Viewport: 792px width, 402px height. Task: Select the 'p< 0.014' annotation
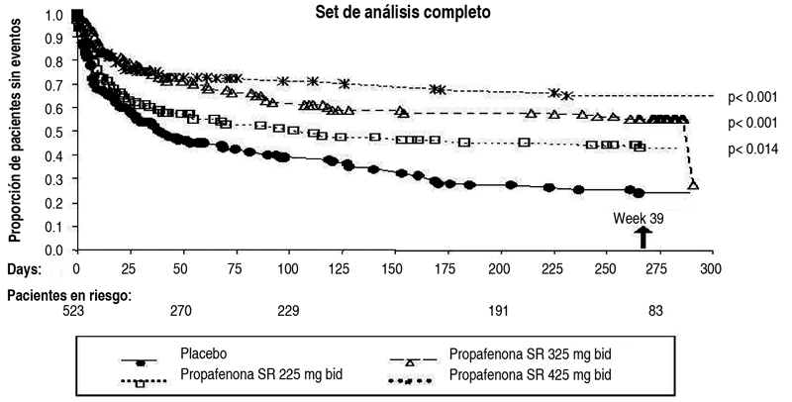coord(757,149)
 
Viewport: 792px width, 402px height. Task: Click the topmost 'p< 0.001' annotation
coord(757,97)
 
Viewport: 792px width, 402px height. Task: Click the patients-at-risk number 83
coord(655,311)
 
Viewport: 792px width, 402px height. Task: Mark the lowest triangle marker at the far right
coord(693,184)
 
